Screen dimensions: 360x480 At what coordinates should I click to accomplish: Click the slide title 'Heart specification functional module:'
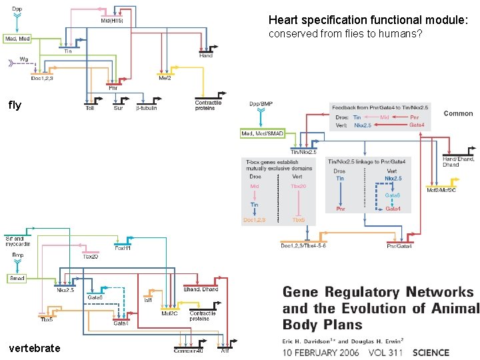click(369, 21)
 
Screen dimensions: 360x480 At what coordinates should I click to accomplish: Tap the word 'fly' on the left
click(15, 105)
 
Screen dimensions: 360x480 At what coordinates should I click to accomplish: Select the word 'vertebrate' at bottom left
click(34, 348)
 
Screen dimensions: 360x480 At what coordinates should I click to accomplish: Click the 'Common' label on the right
click(458, 113)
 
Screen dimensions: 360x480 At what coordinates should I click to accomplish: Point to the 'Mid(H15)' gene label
click(111, 20)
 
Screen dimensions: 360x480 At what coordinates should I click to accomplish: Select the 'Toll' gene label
click(89, 108)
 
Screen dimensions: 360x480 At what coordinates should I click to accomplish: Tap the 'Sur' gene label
click(118, 108)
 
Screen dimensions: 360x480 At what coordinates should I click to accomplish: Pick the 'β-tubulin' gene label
click(146, 108)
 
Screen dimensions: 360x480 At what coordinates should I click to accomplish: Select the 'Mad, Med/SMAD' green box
click(262, 134)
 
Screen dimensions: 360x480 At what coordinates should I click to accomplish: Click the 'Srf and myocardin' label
click(14, 241)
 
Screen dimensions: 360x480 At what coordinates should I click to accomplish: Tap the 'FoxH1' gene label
click(122, 249)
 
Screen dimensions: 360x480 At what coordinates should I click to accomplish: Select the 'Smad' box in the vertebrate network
click(17, 279)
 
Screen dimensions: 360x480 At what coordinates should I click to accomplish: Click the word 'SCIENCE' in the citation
click(431, 353)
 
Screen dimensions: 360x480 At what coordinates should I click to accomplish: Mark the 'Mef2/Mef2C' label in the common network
click(441, 191)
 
